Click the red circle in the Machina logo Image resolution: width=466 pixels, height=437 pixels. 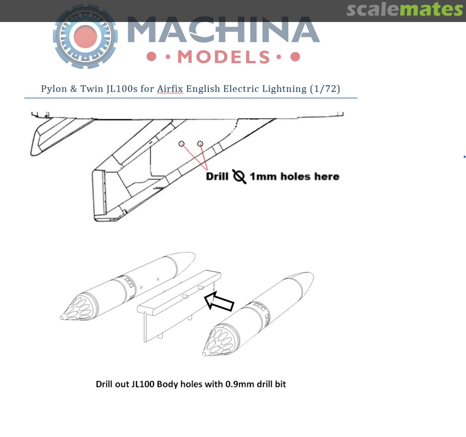[x=85, y=37]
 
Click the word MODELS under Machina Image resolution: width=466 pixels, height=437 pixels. [x=224, y=57]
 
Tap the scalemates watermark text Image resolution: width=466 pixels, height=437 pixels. [x=404, y=9]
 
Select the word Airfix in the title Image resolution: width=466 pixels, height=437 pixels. [x=170, y=88]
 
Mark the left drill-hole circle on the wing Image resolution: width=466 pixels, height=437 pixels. [x=181, y=144]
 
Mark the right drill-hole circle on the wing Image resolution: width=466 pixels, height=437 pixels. [x=200, y=144]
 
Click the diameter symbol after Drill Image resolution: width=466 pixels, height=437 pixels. [x=239, y=176]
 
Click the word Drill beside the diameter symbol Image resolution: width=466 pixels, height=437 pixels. [x=217, y=176]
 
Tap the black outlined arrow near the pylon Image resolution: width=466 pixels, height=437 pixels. [x=219, y=302]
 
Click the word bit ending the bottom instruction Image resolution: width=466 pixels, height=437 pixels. [x=281, y=384]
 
